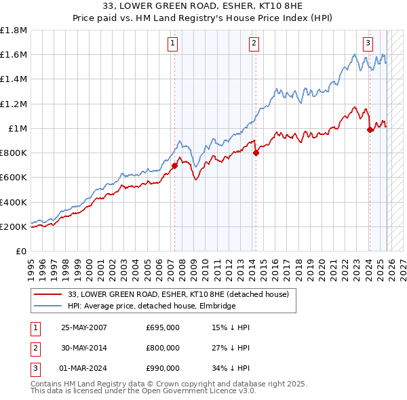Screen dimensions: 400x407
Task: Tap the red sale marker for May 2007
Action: coord(174,165)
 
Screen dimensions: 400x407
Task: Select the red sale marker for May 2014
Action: coord(256,153)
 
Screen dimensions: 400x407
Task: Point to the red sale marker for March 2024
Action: coord(370,129)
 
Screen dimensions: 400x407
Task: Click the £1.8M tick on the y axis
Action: coord(14,31)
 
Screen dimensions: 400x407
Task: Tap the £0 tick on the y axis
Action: coord(20,251)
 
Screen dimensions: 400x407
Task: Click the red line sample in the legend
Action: coord(50,294)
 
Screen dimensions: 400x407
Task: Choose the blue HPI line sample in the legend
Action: coord(50,306)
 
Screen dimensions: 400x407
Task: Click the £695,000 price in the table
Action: coord(163,327)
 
